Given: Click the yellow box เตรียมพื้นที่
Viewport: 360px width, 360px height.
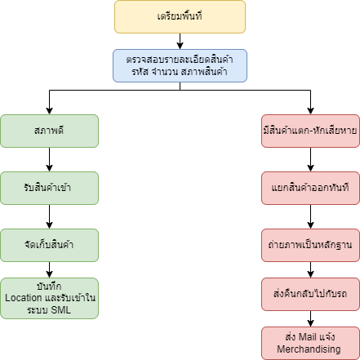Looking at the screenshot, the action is click(180, 17).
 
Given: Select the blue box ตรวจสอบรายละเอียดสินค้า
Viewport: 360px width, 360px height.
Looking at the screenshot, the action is click(180, 65).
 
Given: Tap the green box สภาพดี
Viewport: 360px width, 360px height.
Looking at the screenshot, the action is click(49, 131).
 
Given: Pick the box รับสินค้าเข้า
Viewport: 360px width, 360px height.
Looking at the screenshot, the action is click(49, 188).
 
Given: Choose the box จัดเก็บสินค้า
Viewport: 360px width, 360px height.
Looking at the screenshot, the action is click(49, 245).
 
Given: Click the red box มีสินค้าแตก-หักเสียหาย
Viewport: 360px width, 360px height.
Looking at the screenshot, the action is click(310, 131).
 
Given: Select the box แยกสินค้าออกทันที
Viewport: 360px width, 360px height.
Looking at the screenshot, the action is click(310, 188).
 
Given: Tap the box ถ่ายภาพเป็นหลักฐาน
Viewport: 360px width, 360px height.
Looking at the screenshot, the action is click(310, 245).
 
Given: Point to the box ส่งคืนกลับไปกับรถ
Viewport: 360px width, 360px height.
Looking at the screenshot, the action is click(310, 294).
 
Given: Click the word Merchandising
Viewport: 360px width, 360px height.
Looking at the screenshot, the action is click(309, 349).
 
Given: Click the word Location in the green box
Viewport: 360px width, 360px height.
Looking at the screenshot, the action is click(24, 298).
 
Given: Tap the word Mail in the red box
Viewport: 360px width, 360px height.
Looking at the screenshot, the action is click(308, 337).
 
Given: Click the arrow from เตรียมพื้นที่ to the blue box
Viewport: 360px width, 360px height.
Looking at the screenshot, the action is click(180, 41).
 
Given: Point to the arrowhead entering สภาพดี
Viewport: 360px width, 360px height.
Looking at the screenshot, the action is click(49, 111).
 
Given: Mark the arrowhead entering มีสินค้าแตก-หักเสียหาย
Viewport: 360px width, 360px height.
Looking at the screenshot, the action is click(310, 111).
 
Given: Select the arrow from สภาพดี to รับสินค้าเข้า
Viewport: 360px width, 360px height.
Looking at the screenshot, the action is click(49, 159).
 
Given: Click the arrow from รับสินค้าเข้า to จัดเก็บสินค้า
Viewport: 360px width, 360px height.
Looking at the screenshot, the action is click(49, 216).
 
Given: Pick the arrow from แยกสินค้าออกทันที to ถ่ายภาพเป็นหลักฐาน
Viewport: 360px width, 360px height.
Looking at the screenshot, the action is click(310, 216).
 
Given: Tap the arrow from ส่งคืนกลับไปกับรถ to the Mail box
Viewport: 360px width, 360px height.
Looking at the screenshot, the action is click(310, 318).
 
